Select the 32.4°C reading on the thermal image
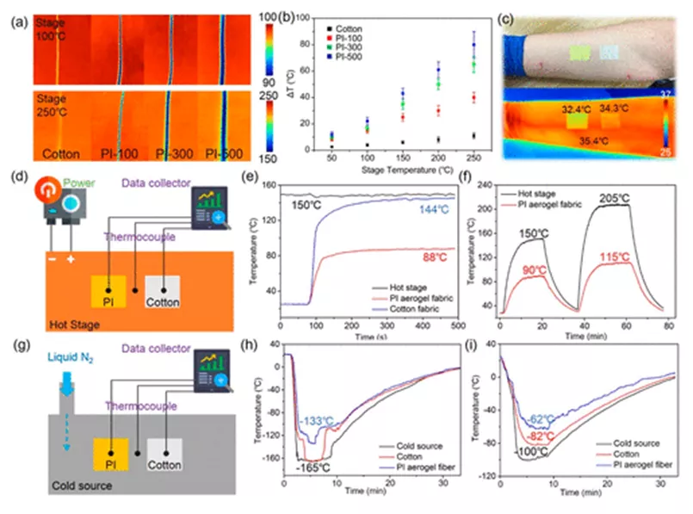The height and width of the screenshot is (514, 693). (579, 110)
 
